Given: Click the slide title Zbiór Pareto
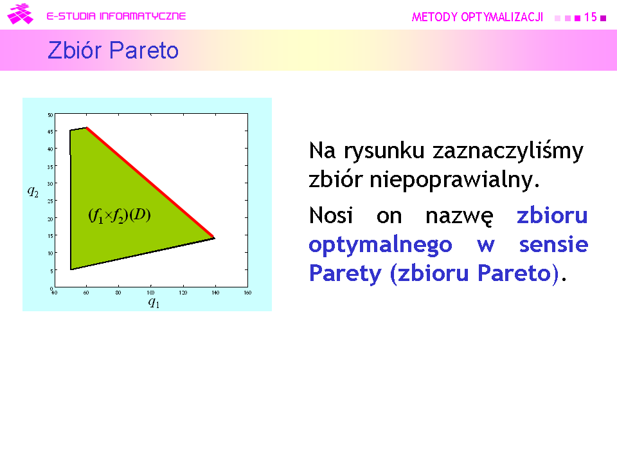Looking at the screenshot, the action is tap(113, 50).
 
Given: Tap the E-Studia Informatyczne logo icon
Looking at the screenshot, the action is tap(20, 14).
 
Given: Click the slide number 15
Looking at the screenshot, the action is tap(590, 17).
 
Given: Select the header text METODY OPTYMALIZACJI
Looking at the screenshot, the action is tap(478, 17).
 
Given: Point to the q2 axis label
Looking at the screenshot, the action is tap(33, 192).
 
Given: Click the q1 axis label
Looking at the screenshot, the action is tap(154, 302).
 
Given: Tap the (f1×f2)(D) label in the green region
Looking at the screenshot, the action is tap(120, 215).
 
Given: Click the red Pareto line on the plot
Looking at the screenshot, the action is tap(150, 183).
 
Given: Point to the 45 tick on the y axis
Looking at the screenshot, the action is tap(50, 132).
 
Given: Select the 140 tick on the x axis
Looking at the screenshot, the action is tap(215, 293).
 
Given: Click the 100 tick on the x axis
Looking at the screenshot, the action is tap(150, 293).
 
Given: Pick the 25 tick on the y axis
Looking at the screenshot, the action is tap(50, 201).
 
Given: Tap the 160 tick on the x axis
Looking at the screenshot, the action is tap(247, 293).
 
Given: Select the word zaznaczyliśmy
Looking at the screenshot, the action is tap(508, 151).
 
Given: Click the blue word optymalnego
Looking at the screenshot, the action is tap(380, 245).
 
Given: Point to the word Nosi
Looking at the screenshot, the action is tap(331, 215).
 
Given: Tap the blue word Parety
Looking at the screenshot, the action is tap(345, 274).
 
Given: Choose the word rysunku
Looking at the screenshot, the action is tap(384, 151).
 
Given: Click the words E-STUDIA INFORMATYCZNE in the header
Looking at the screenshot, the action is tap(116, 16).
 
